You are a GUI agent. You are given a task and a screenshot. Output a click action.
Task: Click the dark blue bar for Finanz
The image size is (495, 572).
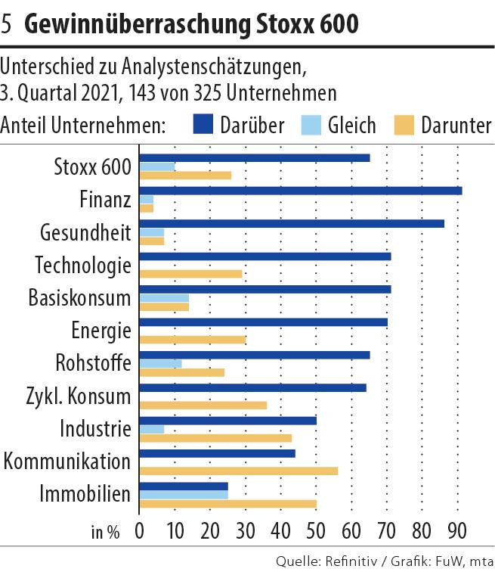coord(301,191)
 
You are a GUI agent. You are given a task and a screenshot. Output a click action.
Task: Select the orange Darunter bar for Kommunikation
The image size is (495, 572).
coord(239,471)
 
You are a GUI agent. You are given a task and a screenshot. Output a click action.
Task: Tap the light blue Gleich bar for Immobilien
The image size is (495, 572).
coord(184,495)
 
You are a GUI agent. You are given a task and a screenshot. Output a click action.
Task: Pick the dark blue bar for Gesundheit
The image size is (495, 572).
coord(292,223)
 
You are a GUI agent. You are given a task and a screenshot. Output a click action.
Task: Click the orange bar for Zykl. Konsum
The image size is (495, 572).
coord(203,405)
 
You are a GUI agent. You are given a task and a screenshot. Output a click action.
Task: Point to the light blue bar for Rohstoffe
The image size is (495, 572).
coord(161,363)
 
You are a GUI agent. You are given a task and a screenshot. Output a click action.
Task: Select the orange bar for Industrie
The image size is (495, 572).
coord(215,437)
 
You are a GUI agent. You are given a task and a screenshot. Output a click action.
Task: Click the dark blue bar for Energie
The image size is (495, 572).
coord(264,322)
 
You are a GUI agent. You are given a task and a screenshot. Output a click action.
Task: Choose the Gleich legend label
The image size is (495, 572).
coord(351,125)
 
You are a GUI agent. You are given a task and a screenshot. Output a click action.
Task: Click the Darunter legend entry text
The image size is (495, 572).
coord(456,125)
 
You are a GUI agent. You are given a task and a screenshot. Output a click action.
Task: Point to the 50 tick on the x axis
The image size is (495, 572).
coord(317,530)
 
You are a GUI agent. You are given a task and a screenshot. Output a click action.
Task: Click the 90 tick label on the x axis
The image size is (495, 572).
coord(457,530)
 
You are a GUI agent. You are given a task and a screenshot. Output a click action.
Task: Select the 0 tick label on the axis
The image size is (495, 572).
coord(141,530)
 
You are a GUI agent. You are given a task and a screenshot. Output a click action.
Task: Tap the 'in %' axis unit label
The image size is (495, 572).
coord(106,531)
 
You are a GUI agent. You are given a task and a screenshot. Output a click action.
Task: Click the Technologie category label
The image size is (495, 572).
coord(83,266)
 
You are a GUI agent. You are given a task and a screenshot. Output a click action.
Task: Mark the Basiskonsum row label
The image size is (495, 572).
coord(79,298)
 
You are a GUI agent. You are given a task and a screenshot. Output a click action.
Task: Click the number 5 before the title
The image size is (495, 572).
coord(8,25)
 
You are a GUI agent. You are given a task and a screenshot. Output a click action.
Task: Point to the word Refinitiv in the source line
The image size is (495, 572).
coord(351,561)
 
